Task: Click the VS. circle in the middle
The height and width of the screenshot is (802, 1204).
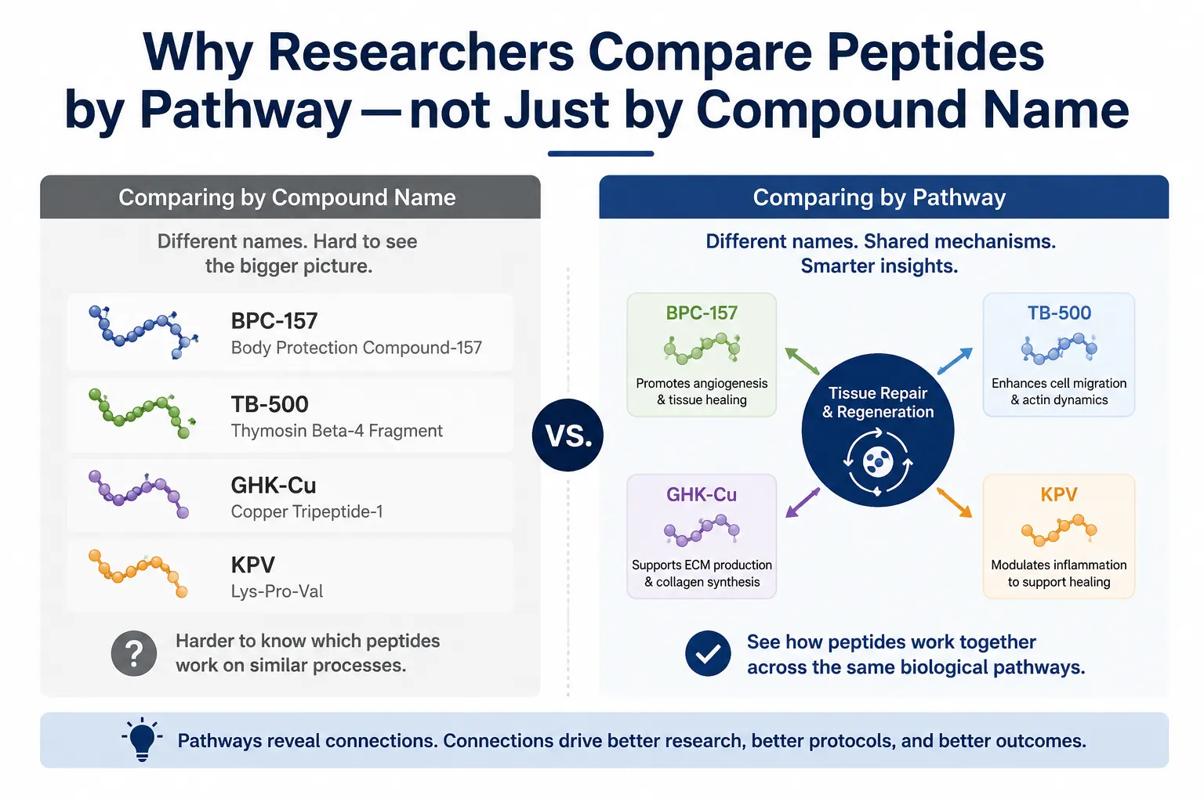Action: coord(568,435)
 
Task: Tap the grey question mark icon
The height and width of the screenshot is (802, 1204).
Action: coord(134,653)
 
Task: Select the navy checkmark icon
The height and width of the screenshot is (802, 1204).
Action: coord(708,653)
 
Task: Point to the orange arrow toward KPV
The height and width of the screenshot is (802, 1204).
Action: coord(955,503)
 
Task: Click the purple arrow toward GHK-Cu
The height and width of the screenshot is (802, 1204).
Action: coord(803,503)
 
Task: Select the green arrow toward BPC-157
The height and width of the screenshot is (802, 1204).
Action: coord(802,361)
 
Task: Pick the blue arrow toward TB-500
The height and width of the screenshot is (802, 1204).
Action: coord(955,361)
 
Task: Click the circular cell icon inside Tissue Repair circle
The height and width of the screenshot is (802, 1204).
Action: coord(878,461)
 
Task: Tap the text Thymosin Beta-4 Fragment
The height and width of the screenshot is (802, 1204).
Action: coord(336,431)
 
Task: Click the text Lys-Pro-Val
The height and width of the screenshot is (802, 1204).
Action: coord(277,591)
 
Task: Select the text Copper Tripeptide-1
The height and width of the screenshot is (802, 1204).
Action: coord(307,511)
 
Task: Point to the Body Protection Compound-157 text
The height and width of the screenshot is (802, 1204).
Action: coord(357,348)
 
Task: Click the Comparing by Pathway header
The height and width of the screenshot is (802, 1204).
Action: coord(879,197)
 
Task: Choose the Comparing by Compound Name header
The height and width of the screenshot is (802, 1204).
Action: coord(287,197)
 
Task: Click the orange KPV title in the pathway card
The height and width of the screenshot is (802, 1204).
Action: coord(1059,494)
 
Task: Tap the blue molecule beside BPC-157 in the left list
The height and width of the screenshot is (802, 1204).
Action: coord(143,331)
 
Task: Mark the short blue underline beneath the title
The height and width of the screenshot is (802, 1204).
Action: coord(600,154)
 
